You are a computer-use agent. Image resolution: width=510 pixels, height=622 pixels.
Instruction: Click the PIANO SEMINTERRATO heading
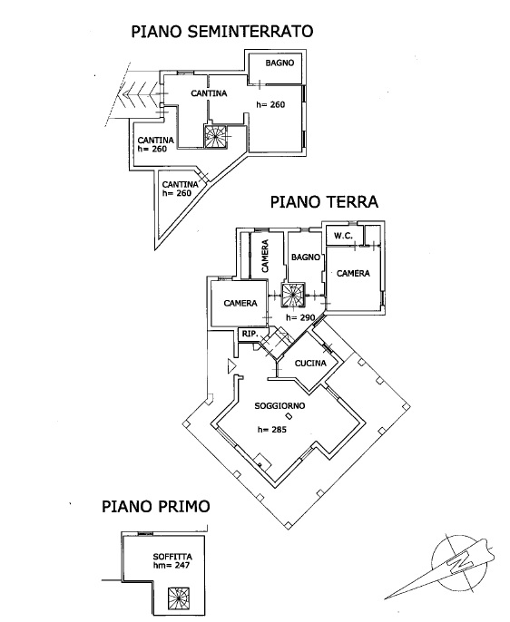(x=222, y=32)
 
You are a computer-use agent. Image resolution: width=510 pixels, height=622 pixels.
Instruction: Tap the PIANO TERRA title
(x=324, y=202)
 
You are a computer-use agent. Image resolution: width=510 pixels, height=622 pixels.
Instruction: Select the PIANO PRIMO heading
(x=156, y=507)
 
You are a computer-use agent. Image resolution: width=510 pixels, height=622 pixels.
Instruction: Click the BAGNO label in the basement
(x=280, y=63)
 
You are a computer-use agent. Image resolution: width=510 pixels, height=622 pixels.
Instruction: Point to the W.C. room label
(x=343, y=236)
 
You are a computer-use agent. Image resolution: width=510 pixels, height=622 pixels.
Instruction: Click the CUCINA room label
(x=310, y=363)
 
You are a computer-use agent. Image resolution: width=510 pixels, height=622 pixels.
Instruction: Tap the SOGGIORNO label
(x=280, y=406)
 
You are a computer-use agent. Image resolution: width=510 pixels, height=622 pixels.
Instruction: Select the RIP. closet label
(x=250, y=334)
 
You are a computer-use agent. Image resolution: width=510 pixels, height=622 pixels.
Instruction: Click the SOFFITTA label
(x=172, y=557)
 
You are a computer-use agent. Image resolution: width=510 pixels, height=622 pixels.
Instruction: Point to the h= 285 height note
(x=272, y=430)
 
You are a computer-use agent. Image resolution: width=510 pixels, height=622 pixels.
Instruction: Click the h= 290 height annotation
(x=300, y=317)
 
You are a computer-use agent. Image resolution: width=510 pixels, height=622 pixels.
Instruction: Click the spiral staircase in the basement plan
(x=215, y=136)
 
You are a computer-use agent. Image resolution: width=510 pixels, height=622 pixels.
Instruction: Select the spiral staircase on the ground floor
(x=294, y=296)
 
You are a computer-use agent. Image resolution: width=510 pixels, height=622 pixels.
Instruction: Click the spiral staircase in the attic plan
(x=179, y=599)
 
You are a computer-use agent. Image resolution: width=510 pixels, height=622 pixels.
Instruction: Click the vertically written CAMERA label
(x=265, y=256)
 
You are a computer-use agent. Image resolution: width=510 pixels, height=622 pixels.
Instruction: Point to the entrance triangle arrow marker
(x=231, y=365)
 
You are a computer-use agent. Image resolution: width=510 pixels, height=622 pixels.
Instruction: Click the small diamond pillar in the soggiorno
(x=289, y=416)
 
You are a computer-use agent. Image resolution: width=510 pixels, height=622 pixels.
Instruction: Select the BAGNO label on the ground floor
(x=306, y=258)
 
